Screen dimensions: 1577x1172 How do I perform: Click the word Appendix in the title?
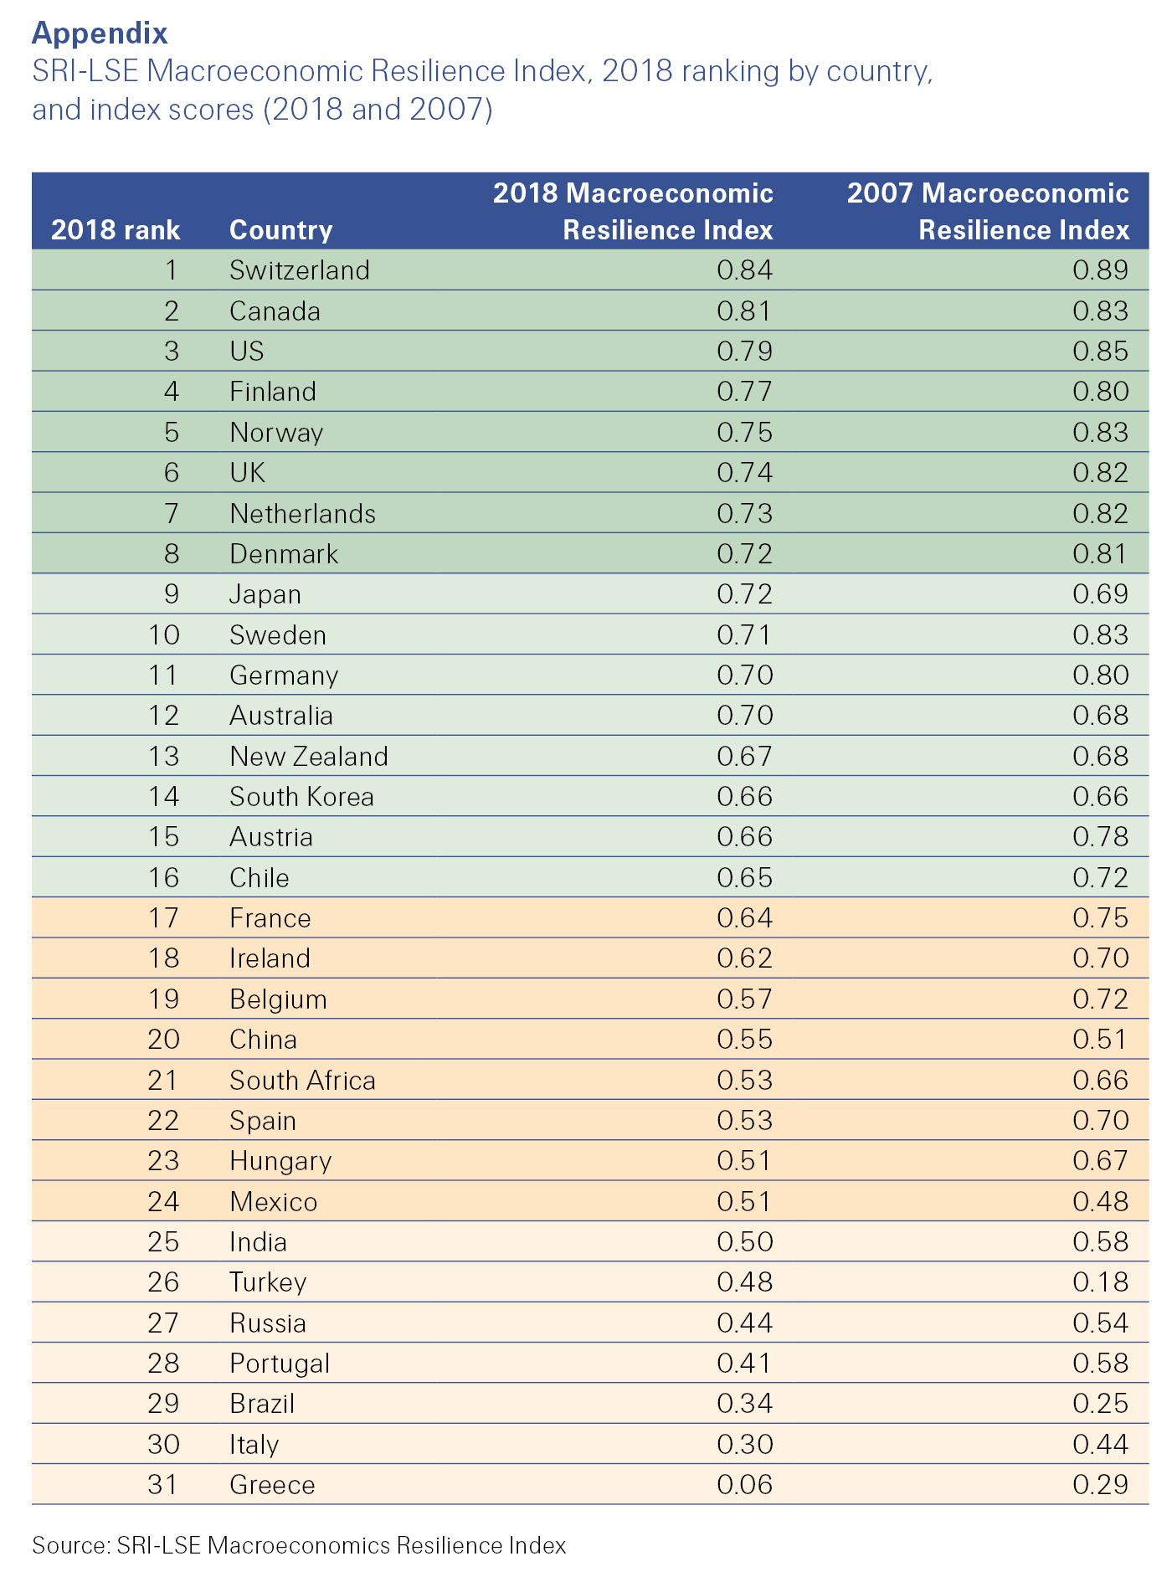(x=100, y=33)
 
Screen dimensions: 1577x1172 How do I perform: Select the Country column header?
(x=280, y=230)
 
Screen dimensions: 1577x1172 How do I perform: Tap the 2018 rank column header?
(x=116, y=230)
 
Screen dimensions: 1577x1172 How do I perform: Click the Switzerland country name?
(x=299, y=270)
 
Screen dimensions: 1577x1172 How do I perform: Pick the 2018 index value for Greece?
(x=744, y=1485)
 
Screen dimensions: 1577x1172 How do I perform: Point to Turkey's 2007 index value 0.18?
(x=1100, y=1282)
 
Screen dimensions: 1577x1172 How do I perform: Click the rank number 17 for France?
(x=163, y=918)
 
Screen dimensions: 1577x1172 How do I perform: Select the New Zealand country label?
(x=308, y=757)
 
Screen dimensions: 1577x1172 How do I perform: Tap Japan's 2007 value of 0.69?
(x=1100, y=594)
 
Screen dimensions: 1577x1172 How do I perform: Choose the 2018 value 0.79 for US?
(x=744, y=351)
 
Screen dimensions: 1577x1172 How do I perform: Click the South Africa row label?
(x=302, y=1081)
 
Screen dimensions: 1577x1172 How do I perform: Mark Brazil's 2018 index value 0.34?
(x=744, y=1404)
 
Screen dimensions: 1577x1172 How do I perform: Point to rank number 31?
(x=163, y=1485)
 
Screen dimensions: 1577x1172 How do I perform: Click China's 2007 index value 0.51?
(x=1100, y=1040)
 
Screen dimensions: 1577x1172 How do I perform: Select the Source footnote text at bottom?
(x=299, y=1545)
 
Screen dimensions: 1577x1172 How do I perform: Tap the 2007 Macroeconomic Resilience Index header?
(x=988, y=212)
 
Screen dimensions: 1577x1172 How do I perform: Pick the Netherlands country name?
(x=302, y=514)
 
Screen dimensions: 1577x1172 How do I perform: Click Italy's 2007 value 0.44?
(x=1100, y=1445)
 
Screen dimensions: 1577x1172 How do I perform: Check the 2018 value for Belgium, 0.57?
(x=744, y=999)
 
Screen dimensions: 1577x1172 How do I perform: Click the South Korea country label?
(x=301, y=797)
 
